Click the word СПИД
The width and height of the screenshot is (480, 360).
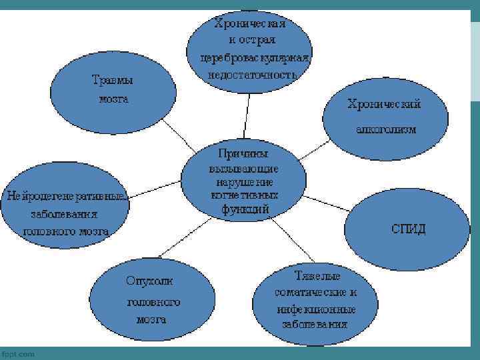click(408, 229)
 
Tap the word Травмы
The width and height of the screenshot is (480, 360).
click(112, 80)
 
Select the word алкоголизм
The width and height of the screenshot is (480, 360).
click(385, 129)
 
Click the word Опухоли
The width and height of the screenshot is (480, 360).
click(149, 281)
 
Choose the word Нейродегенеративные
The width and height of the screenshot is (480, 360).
click(66, 196)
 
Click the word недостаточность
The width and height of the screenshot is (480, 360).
click(251, 75)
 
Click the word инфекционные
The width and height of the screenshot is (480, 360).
click(315, 309)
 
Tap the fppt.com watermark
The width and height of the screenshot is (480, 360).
click(18, 354)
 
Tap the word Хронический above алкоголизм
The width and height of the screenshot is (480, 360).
click(384, 105)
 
